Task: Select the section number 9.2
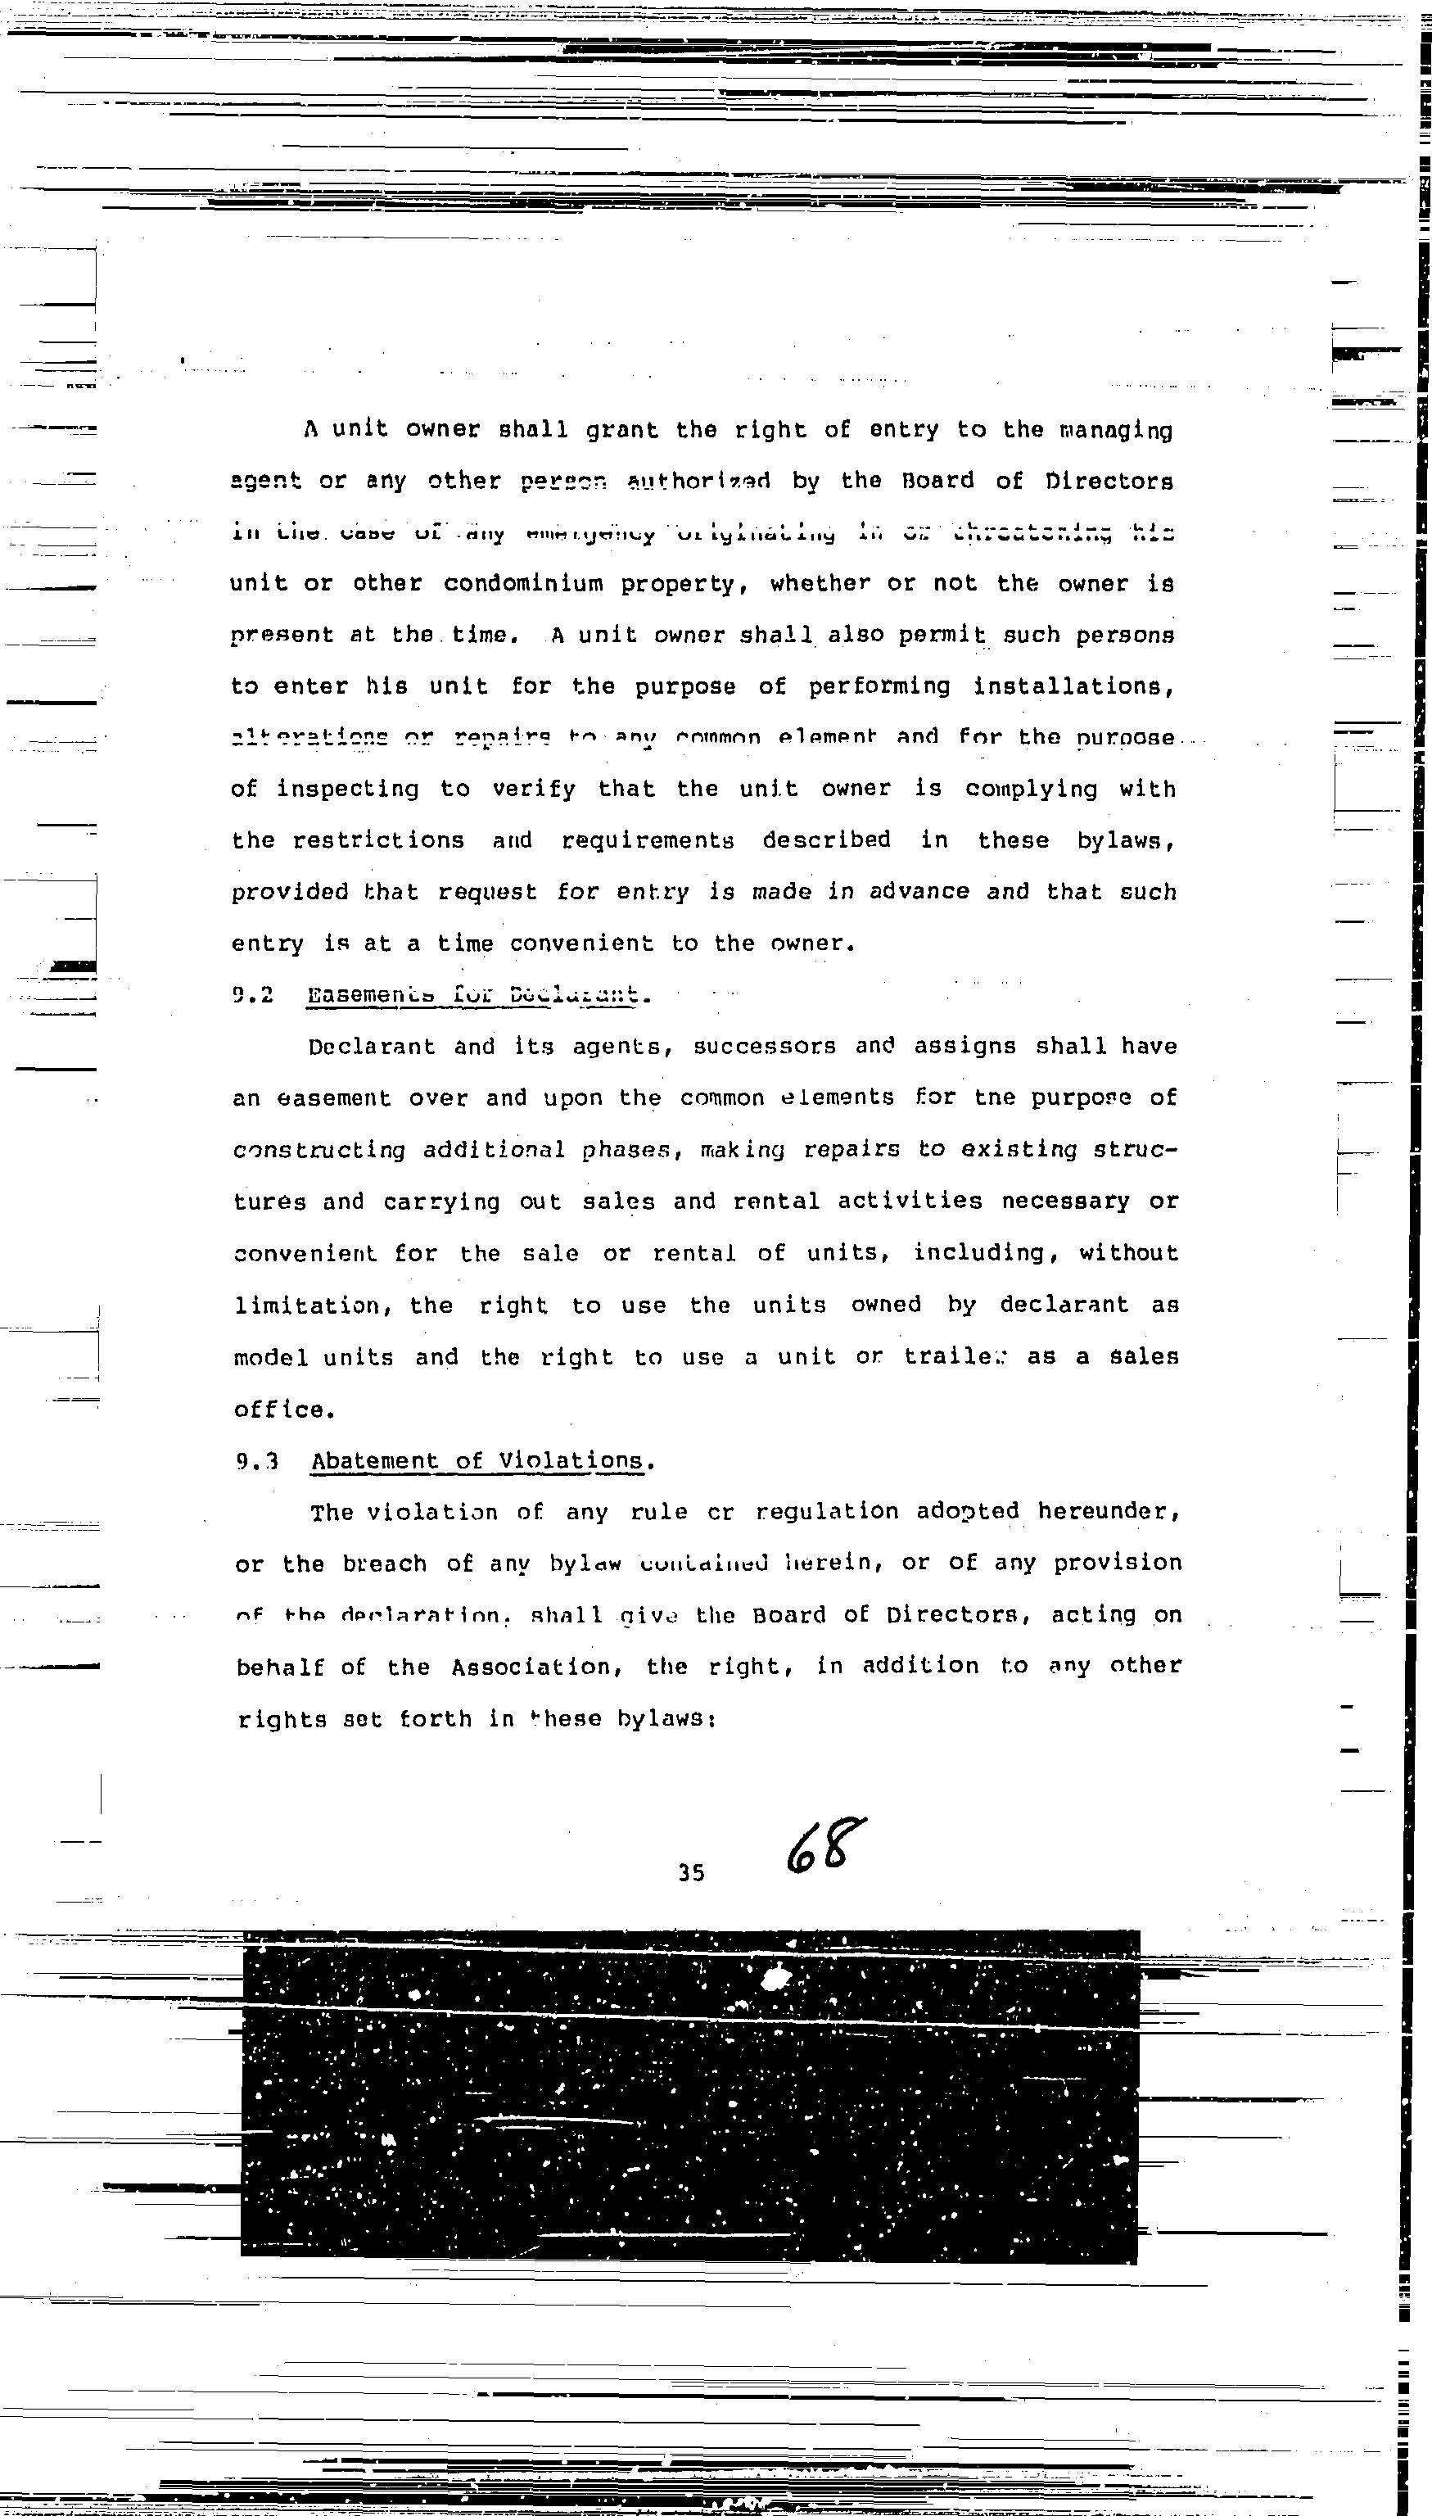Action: [252, 994]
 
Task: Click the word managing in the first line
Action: [1115, 431]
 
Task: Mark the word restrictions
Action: [377, 841]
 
